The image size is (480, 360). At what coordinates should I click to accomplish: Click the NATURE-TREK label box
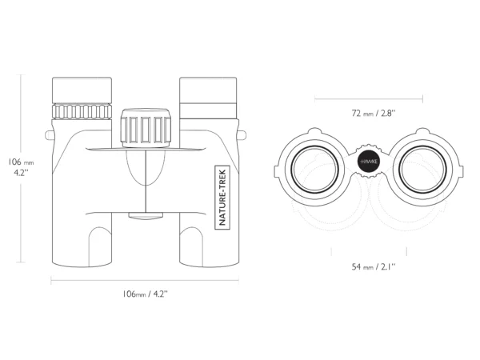point(222,197)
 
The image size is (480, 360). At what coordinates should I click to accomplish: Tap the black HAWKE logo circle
point(369,162)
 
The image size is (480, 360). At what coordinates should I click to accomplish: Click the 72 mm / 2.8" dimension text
point(374,114)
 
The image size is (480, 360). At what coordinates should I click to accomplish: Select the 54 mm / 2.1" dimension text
point(374,267)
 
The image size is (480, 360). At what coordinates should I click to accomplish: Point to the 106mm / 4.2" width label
point(145,294)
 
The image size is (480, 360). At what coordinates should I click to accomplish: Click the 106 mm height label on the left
point(21,166)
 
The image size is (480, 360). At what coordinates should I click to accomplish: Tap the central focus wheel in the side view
point(146,128)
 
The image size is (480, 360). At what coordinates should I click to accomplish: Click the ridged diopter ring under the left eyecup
point(82,111)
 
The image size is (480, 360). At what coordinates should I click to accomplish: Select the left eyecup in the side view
point(82,90)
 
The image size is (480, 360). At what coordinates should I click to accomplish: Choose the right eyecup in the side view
point(208,98)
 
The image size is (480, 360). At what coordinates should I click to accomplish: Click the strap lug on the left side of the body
point(49,135)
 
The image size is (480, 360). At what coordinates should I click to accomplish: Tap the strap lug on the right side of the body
point(242,135)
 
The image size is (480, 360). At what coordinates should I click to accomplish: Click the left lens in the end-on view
point(314,170)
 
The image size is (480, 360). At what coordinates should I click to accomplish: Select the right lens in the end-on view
point(422,170)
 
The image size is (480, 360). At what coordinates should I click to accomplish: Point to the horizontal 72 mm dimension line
point(369,99)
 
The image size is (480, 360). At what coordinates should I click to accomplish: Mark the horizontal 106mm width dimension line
point(145,280)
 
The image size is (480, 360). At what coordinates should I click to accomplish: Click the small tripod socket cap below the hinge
point(146,215)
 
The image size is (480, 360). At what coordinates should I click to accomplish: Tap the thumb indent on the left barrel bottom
point(100,246)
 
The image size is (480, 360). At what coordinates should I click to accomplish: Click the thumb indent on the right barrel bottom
point(191,246)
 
